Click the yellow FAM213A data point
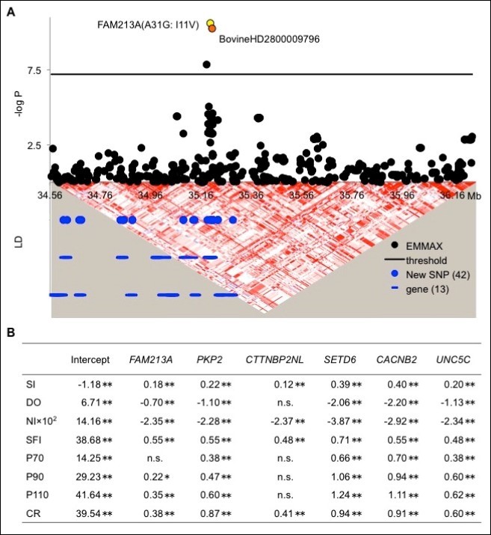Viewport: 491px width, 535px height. pos(211,24)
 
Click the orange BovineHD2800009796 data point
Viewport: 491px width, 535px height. pos(212,29)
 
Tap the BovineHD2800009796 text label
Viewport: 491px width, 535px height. pos(269,39)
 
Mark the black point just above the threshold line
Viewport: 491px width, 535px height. pos(207,64)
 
